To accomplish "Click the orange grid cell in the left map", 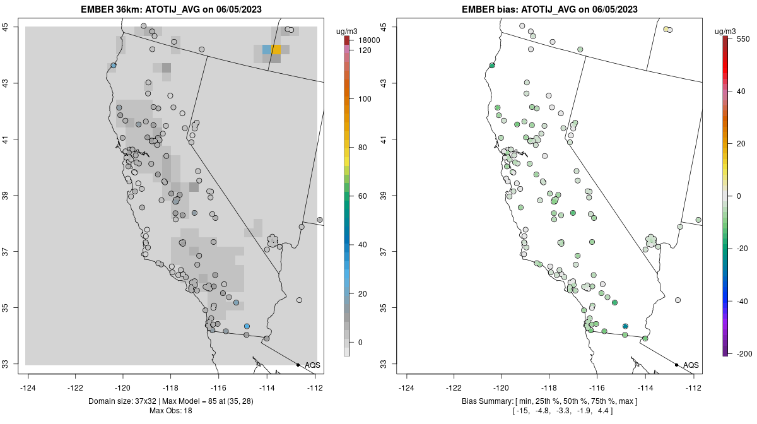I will pyautogui.click(x=277, y=49).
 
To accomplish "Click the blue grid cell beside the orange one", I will pyautogui.click(x=267, y=49).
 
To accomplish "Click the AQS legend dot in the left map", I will pyautogui.click(x=298, y=365).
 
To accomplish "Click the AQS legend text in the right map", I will pyautogui.click(x=691, y=365).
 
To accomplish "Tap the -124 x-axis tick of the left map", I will pyautogui.click(x=28, y=388).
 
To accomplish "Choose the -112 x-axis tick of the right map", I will pyautogui.click(x=694, y=388).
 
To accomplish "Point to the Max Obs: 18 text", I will pyautogui.click(x=171, y=411).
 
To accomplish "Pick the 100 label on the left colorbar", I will pyautogui.click(x=365, y=99).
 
